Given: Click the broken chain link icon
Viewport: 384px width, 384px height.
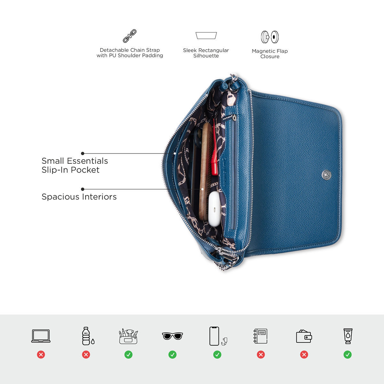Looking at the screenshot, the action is pyautogui.click(x=130, y=36).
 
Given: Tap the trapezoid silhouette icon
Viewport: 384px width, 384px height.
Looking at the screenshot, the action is pyautogui.click(x=206, y=36).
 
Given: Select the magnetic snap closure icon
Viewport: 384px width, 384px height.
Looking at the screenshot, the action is pyautogui.click(x=270, y=37).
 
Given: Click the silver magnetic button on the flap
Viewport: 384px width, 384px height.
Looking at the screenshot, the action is pyautogui.click(x=327, y=175).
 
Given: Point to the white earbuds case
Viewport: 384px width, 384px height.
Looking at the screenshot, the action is pyautogui.click(x=214, y=209).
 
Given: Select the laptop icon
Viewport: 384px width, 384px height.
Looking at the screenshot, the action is pyautogui.click(x=41, y=336).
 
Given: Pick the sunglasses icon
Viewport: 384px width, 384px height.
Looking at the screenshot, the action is pyautogui.click(x=172, y=336).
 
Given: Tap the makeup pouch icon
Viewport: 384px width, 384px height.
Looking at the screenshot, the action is pyautogui.click(x=128, y=336).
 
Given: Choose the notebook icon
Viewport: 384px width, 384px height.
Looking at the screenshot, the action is pyautogui.click(x=260, y=336).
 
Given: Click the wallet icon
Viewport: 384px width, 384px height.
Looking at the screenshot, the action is pyautogui.click(x=304, y=336).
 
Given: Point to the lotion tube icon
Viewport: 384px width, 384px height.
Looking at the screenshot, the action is pyautogui.click(x=348, y=336).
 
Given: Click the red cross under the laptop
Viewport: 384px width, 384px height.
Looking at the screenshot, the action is pyautogui.click(x=41, y=355).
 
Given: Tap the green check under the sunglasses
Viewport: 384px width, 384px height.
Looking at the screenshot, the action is pyautogui.click(x=172, y=355).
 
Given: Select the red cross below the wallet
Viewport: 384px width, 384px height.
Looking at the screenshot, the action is pyautogui.click(x=304, y=355).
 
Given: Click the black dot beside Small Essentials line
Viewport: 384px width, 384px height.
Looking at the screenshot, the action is pyautogui.click(x=83, y=154).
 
